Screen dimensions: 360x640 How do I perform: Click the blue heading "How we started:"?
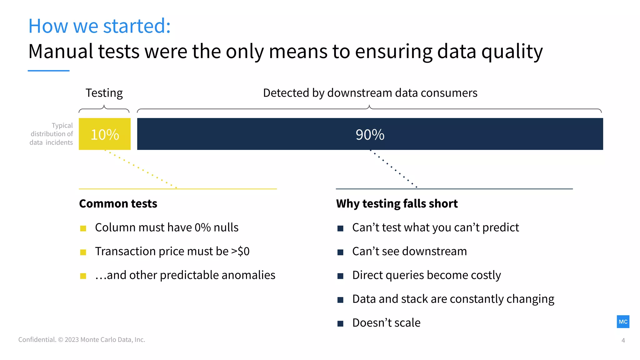[99, 26]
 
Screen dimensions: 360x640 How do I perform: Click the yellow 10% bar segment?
[104, 134]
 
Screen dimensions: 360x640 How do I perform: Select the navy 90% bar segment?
[370, 134]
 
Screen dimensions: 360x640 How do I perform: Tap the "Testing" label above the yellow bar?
[104, 93]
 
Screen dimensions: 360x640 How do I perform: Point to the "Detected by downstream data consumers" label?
[370, 93]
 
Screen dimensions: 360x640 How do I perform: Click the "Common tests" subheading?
[118, 204]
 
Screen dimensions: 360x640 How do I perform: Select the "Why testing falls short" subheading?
[397, 204]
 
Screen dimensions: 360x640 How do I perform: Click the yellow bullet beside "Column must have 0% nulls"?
[83, 228]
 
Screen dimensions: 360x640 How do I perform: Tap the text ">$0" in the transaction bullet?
[240, 252]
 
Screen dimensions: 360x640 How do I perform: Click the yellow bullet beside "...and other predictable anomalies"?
[83, 276]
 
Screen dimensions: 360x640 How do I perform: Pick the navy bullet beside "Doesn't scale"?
[340, 323]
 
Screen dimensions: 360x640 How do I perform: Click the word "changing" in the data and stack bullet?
[530, 299]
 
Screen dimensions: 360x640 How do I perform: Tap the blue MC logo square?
[623, 322]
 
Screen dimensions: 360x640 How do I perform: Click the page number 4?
[623, 340]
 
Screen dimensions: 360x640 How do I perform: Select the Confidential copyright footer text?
[82, 340]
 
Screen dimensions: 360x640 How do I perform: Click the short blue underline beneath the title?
[48, 71]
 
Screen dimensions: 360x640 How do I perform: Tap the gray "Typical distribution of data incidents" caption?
[52, 134]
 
